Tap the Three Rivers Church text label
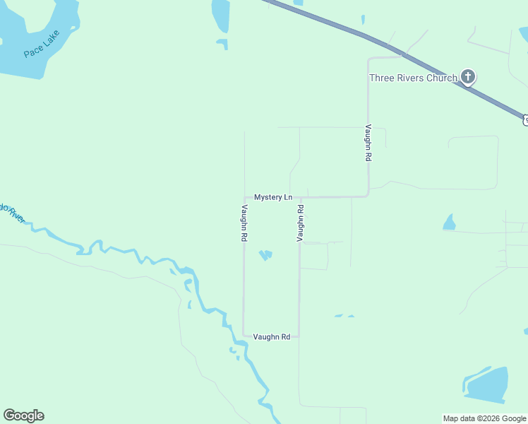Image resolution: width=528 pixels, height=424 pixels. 413,78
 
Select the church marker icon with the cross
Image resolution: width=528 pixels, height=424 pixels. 467,76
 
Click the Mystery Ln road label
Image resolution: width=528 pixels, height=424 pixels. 272,197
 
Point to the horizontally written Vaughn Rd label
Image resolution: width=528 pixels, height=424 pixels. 272,337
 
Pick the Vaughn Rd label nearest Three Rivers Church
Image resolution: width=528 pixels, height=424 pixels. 368,143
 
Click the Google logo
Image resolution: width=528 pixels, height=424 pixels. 24,416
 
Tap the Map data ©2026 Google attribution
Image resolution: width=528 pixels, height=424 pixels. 484,418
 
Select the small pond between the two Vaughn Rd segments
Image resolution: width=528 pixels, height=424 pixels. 265,254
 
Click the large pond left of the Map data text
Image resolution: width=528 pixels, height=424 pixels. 487,385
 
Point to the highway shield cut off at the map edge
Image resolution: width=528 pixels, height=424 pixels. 525,120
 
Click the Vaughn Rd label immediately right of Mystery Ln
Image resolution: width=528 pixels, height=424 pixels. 300,223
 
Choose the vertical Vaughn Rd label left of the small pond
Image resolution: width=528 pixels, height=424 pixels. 244,223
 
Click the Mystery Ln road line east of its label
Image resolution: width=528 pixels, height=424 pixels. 332,196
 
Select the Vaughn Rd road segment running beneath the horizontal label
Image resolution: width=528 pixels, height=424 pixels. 272,336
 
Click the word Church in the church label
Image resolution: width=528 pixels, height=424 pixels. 441,78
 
